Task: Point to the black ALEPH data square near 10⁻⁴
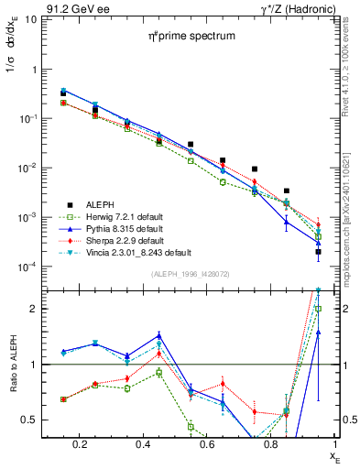coord(318,252)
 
